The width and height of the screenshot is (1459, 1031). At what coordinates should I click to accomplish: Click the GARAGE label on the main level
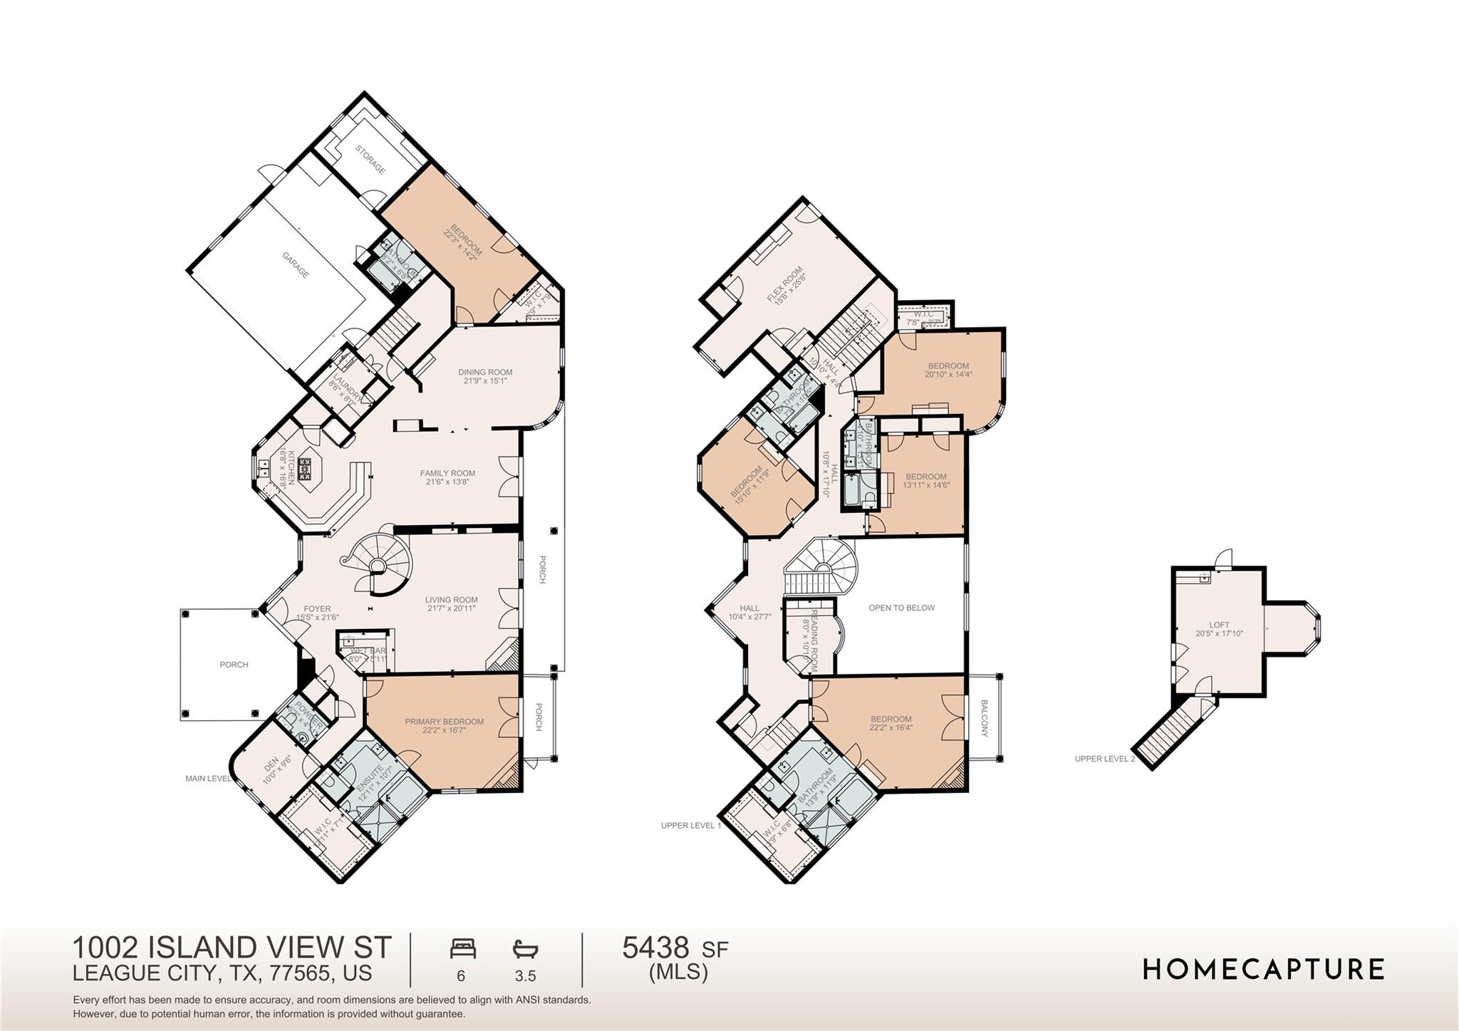click(x=296, y=264)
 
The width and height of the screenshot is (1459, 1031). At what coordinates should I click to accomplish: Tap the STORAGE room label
click(x=370, y=160)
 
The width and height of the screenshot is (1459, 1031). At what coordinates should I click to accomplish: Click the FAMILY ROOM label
click(x=447, y=473)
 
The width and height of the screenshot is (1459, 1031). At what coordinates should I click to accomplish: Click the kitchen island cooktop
click(x=306, y=470)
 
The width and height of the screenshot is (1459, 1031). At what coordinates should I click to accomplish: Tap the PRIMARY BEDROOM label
click(x=444, y=721)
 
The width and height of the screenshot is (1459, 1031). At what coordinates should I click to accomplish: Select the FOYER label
click(x=317, y=609)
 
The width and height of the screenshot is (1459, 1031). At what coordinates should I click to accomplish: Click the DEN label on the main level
click(x=271, y=766)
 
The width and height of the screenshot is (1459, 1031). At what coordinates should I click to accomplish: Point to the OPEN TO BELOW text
click(x=901, y=608)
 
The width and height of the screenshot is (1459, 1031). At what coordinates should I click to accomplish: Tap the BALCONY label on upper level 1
click(x=985, y=717)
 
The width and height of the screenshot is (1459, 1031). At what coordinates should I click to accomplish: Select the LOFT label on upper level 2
click(x=1219, y=625)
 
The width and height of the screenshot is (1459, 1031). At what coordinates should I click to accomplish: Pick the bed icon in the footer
click(x=462, y=948)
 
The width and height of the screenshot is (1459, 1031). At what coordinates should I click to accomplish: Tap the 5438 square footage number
click(x=655, y=948)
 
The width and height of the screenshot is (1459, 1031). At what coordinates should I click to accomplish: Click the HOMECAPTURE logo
click(x=1263, y=970)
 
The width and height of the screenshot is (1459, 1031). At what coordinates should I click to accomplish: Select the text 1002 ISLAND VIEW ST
click(x=232, y=948)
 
